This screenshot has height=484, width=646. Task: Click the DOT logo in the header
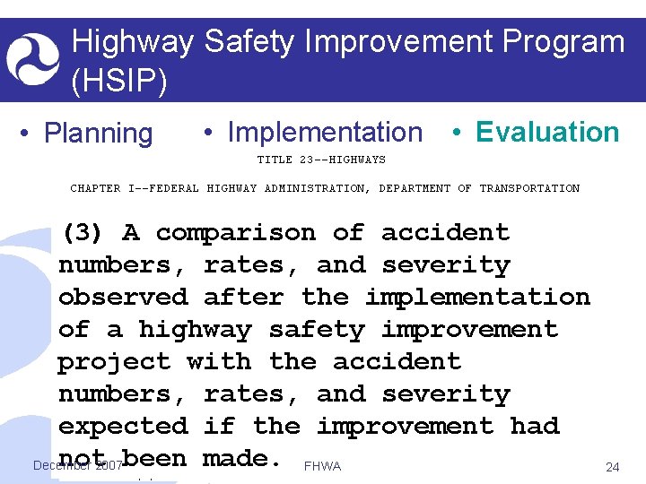33,59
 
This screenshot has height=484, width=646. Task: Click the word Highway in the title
132,42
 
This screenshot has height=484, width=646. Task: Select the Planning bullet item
98,134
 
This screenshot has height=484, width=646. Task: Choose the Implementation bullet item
324,133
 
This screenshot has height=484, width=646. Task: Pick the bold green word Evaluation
546,133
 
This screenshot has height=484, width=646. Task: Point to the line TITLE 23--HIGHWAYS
321,160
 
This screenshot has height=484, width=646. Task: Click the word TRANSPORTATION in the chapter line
529,188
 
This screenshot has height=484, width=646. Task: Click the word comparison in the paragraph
235,233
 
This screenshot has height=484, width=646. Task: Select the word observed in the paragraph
123,297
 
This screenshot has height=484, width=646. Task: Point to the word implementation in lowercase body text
477,297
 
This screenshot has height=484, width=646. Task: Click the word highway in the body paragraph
195,329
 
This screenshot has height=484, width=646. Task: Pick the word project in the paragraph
114,361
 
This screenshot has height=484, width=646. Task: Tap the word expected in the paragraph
123,426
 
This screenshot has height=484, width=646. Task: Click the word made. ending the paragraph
243,458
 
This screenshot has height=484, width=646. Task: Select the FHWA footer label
323,467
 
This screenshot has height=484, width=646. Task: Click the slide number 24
613,467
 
